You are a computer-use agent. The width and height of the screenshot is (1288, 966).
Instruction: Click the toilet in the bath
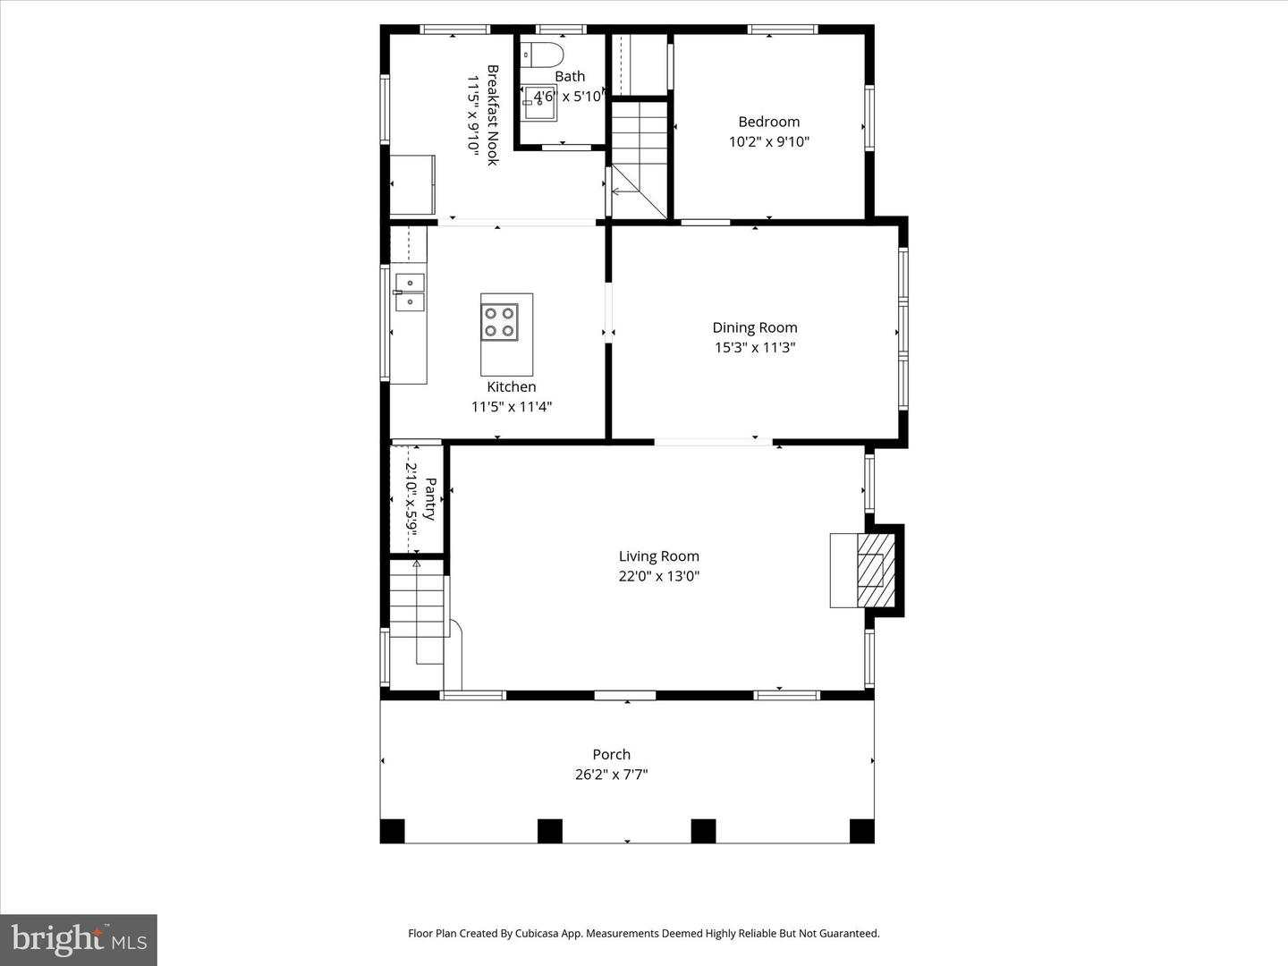click(x=543, y=56)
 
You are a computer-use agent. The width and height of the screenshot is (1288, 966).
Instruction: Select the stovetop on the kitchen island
click(x=499, y=322)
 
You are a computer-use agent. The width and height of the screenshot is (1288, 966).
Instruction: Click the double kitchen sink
click(x=410, y=292)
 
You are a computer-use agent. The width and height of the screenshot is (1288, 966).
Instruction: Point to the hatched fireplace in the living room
click(x=876, y=570)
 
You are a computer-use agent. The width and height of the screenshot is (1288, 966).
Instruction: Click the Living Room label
click(x=659, y=556)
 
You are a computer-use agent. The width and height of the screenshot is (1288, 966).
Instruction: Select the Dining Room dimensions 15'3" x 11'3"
click(x=755, y=347)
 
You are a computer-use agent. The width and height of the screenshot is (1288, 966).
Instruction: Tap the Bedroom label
click(x=768, y=122)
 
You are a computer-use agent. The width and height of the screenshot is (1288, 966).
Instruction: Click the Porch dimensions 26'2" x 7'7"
click(x=612, y=775)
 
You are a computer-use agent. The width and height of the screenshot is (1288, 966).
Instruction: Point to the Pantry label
click(x=430, y=499)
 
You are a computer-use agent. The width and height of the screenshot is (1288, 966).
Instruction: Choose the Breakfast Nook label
click(x=493, y=115)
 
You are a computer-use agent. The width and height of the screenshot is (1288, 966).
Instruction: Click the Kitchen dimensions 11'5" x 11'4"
click(x=512, y=406)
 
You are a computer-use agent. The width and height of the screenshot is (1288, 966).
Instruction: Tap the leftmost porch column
click(x=393, y=831)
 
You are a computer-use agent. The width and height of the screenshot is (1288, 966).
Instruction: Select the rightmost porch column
click(x=862, y=831)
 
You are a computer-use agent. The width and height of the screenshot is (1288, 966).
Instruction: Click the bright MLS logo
click(x=79, y=939)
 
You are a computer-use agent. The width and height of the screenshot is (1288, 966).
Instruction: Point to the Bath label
click(x=570, y=76)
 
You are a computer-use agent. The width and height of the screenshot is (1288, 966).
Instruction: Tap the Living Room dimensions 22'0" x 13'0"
click(x=659, y=576)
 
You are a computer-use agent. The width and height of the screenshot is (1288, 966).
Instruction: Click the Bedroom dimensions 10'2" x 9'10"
click(x=768, y=142)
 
